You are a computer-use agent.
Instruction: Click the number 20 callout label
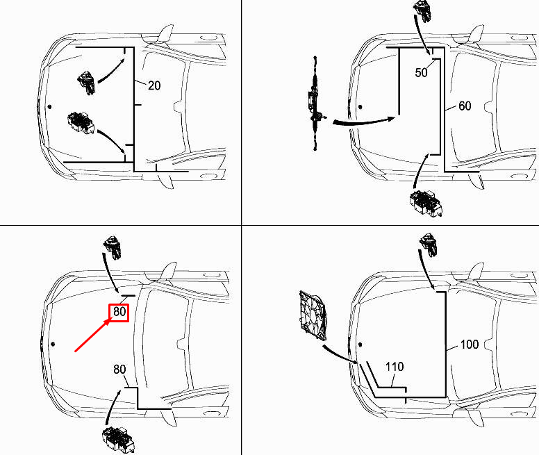pyautogui.click(x=154, y=85)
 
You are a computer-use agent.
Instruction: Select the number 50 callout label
pyautogui.click(x=422, y=74)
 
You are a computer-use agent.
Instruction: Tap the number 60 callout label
pyautogui.click(x=464, y=106)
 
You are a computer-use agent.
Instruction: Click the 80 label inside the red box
pyautogui.click(x=119, y=313)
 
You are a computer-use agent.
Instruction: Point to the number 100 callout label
pyautogui.click(x=470, y=345)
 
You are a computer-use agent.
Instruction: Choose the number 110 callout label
pyautogui.click(x=393, y=367)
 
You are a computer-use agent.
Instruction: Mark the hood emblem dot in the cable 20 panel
pyautogui.click(x=50, y=107)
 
